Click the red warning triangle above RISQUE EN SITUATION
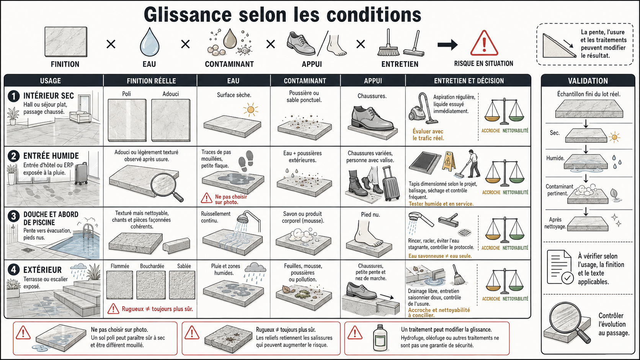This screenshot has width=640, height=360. pos(484,43)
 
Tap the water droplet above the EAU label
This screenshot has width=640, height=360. pos(149,42)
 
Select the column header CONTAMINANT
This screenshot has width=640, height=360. pos(305,81)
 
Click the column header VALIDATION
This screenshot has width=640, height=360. pos(588,81)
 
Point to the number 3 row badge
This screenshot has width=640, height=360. pos(13,216)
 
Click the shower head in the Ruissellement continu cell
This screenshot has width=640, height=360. pos(248,220)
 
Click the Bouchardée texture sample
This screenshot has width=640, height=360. pos(151,285)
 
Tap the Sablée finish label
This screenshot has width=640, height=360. pos(184,266)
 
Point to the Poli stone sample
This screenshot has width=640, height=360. pos(127,120)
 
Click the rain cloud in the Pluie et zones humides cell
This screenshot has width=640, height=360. pos(255,268)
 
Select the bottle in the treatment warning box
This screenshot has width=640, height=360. pos(380,338)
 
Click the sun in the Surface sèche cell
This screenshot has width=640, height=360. pos(251,110)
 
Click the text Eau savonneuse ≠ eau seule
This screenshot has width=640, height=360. pos(440,256)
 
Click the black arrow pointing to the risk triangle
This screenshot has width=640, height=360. pos(448,44)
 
